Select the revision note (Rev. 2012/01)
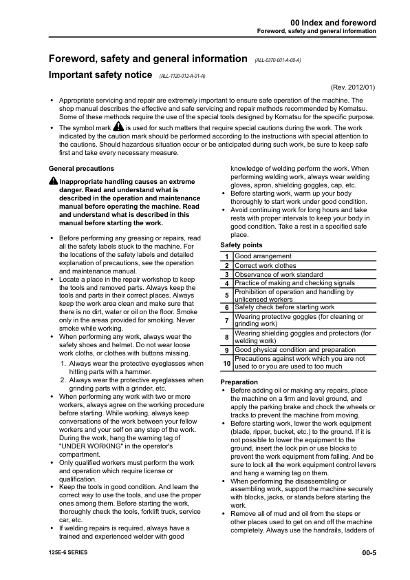354,87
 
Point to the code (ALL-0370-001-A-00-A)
277,60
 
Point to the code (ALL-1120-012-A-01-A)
182,75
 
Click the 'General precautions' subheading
82,168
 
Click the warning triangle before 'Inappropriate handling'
54,180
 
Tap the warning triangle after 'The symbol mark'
118,127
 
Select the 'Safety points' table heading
241,245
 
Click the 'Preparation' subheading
239,382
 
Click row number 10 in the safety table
226,362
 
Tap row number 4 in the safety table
226,283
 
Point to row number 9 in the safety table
226,350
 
